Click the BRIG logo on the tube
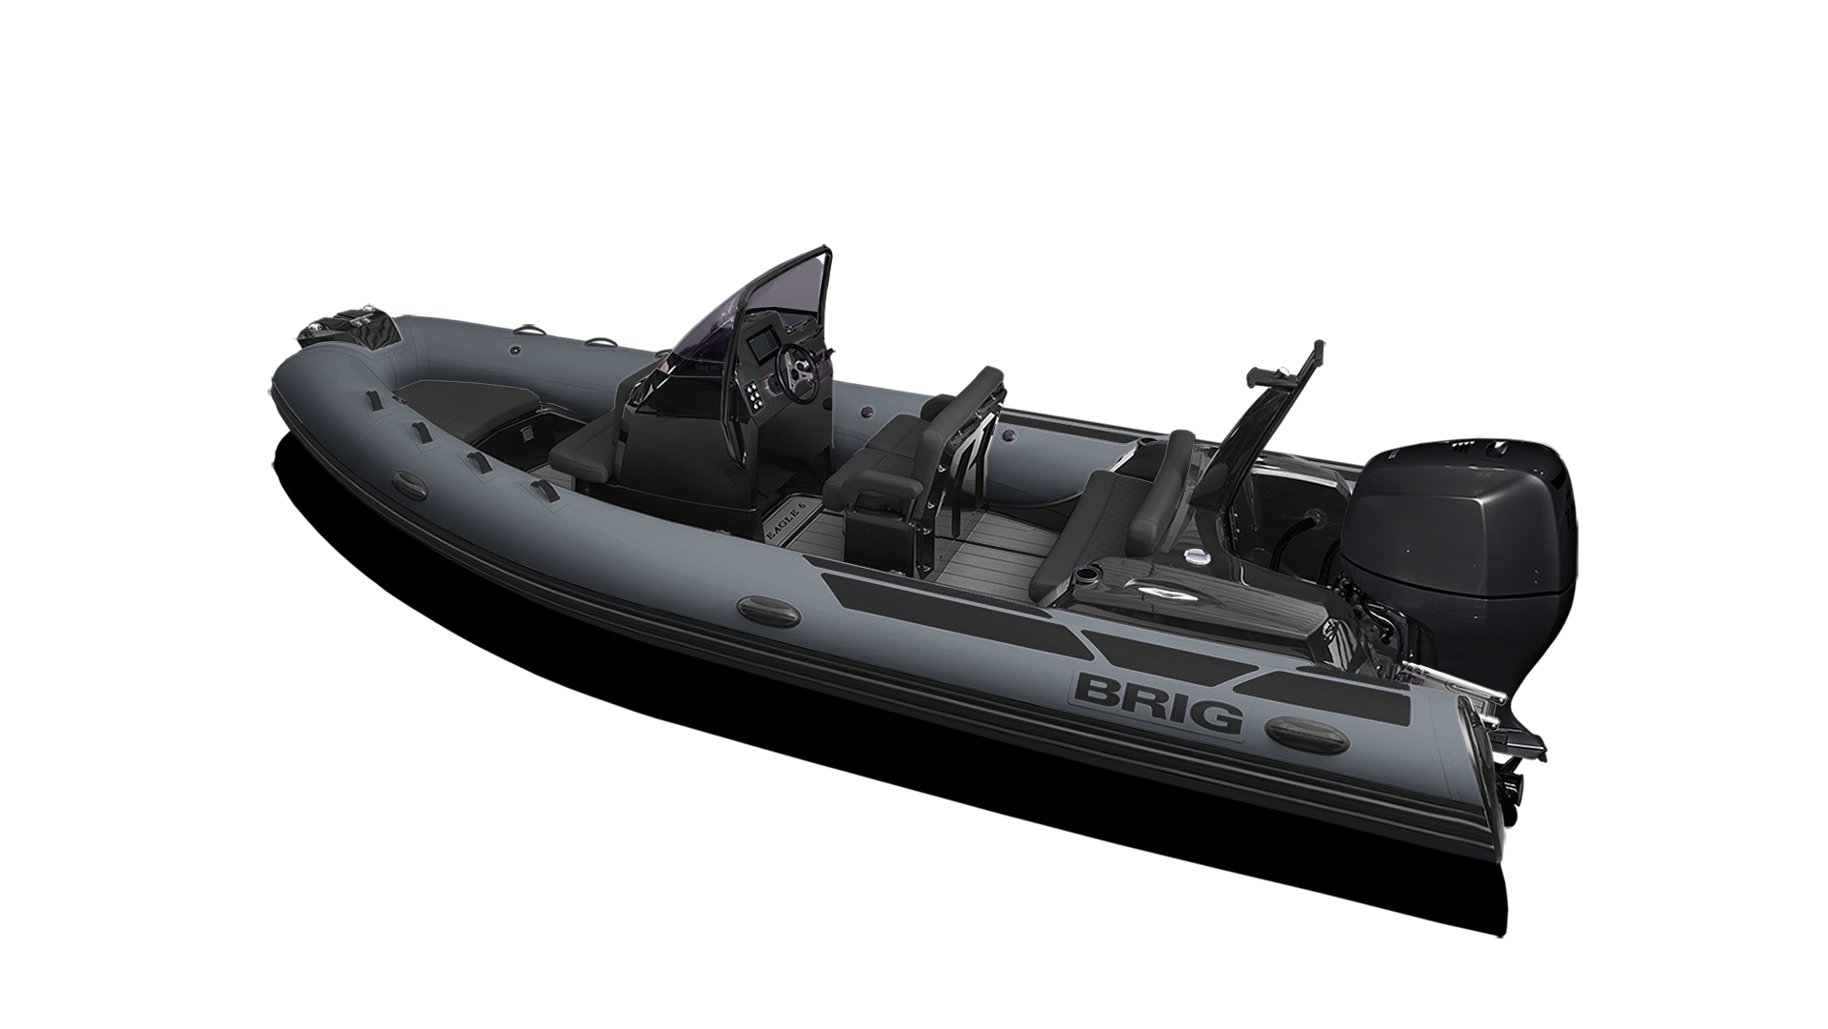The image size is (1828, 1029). tap(1158, 702)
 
